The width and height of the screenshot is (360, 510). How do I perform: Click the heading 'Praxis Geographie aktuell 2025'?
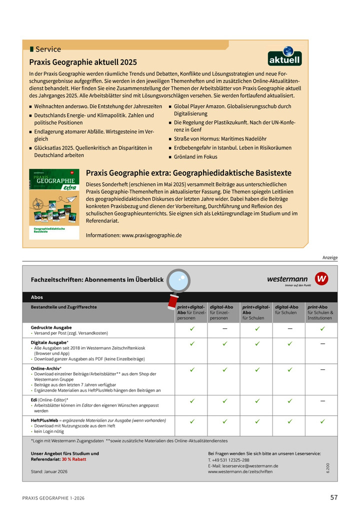pos(83,63)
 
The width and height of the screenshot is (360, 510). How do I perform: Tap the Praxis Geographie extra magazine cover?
pos(54,204)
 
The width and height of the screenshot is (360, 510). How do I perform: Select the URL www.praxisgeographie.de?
pos(151,235)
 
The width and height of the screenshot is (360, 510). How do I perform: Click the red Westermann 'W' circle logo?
pos(321,279)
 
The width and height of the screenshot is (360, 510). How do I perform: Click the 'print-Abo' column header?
pos(317,307)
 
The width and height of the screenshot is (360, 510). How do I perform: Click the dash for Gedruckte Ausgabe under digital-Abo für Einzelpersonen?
pos(224,329)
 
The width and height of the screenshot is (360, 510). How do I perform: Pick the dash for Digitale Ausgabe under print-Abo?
pos(322,344)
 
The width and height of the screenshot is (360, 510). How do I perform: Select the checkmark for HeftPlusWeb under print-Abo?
pos(322,421)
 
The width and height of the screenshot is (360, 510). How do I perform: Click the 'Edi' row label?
pos(35,400)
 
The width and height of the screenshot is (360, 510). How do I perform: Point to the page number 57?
pos(334,497)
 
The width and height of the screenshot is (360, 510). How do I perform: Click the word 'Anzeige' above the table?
pos(329,258)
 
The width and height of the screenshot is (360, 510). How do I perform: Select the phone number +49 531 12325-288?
pos(231,459)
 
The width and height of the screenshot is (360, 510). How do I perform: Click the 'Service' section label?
pos(48,49)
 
